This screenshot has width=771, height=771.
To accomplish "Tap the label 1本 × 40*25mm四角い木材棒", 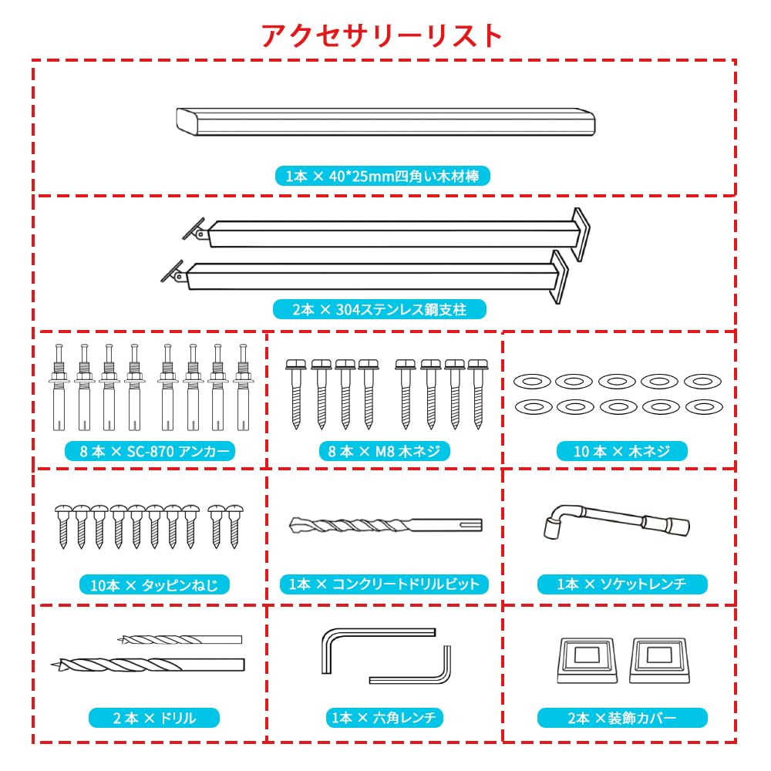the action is pos(382,177).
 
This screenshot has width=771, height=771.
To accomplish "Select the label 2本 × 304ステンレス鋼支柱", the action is pos(380,310).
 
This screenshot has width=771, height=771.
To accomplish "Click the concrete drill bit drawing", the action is pos(385,527).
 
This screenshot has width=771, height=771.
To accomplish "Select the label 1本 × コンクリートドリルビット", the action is pos(384,584).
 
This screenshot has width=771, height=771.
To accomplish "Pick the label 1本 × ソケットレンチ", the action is pos(621,584).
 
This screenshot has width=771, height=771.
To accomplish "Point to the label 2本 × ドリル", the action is pos(154,719).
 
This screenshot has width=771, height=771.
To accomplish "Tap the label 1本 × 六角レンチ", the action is pos(384,719).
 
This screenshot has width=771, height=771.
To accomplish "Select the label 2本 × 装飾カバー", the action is pos(621,719).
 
